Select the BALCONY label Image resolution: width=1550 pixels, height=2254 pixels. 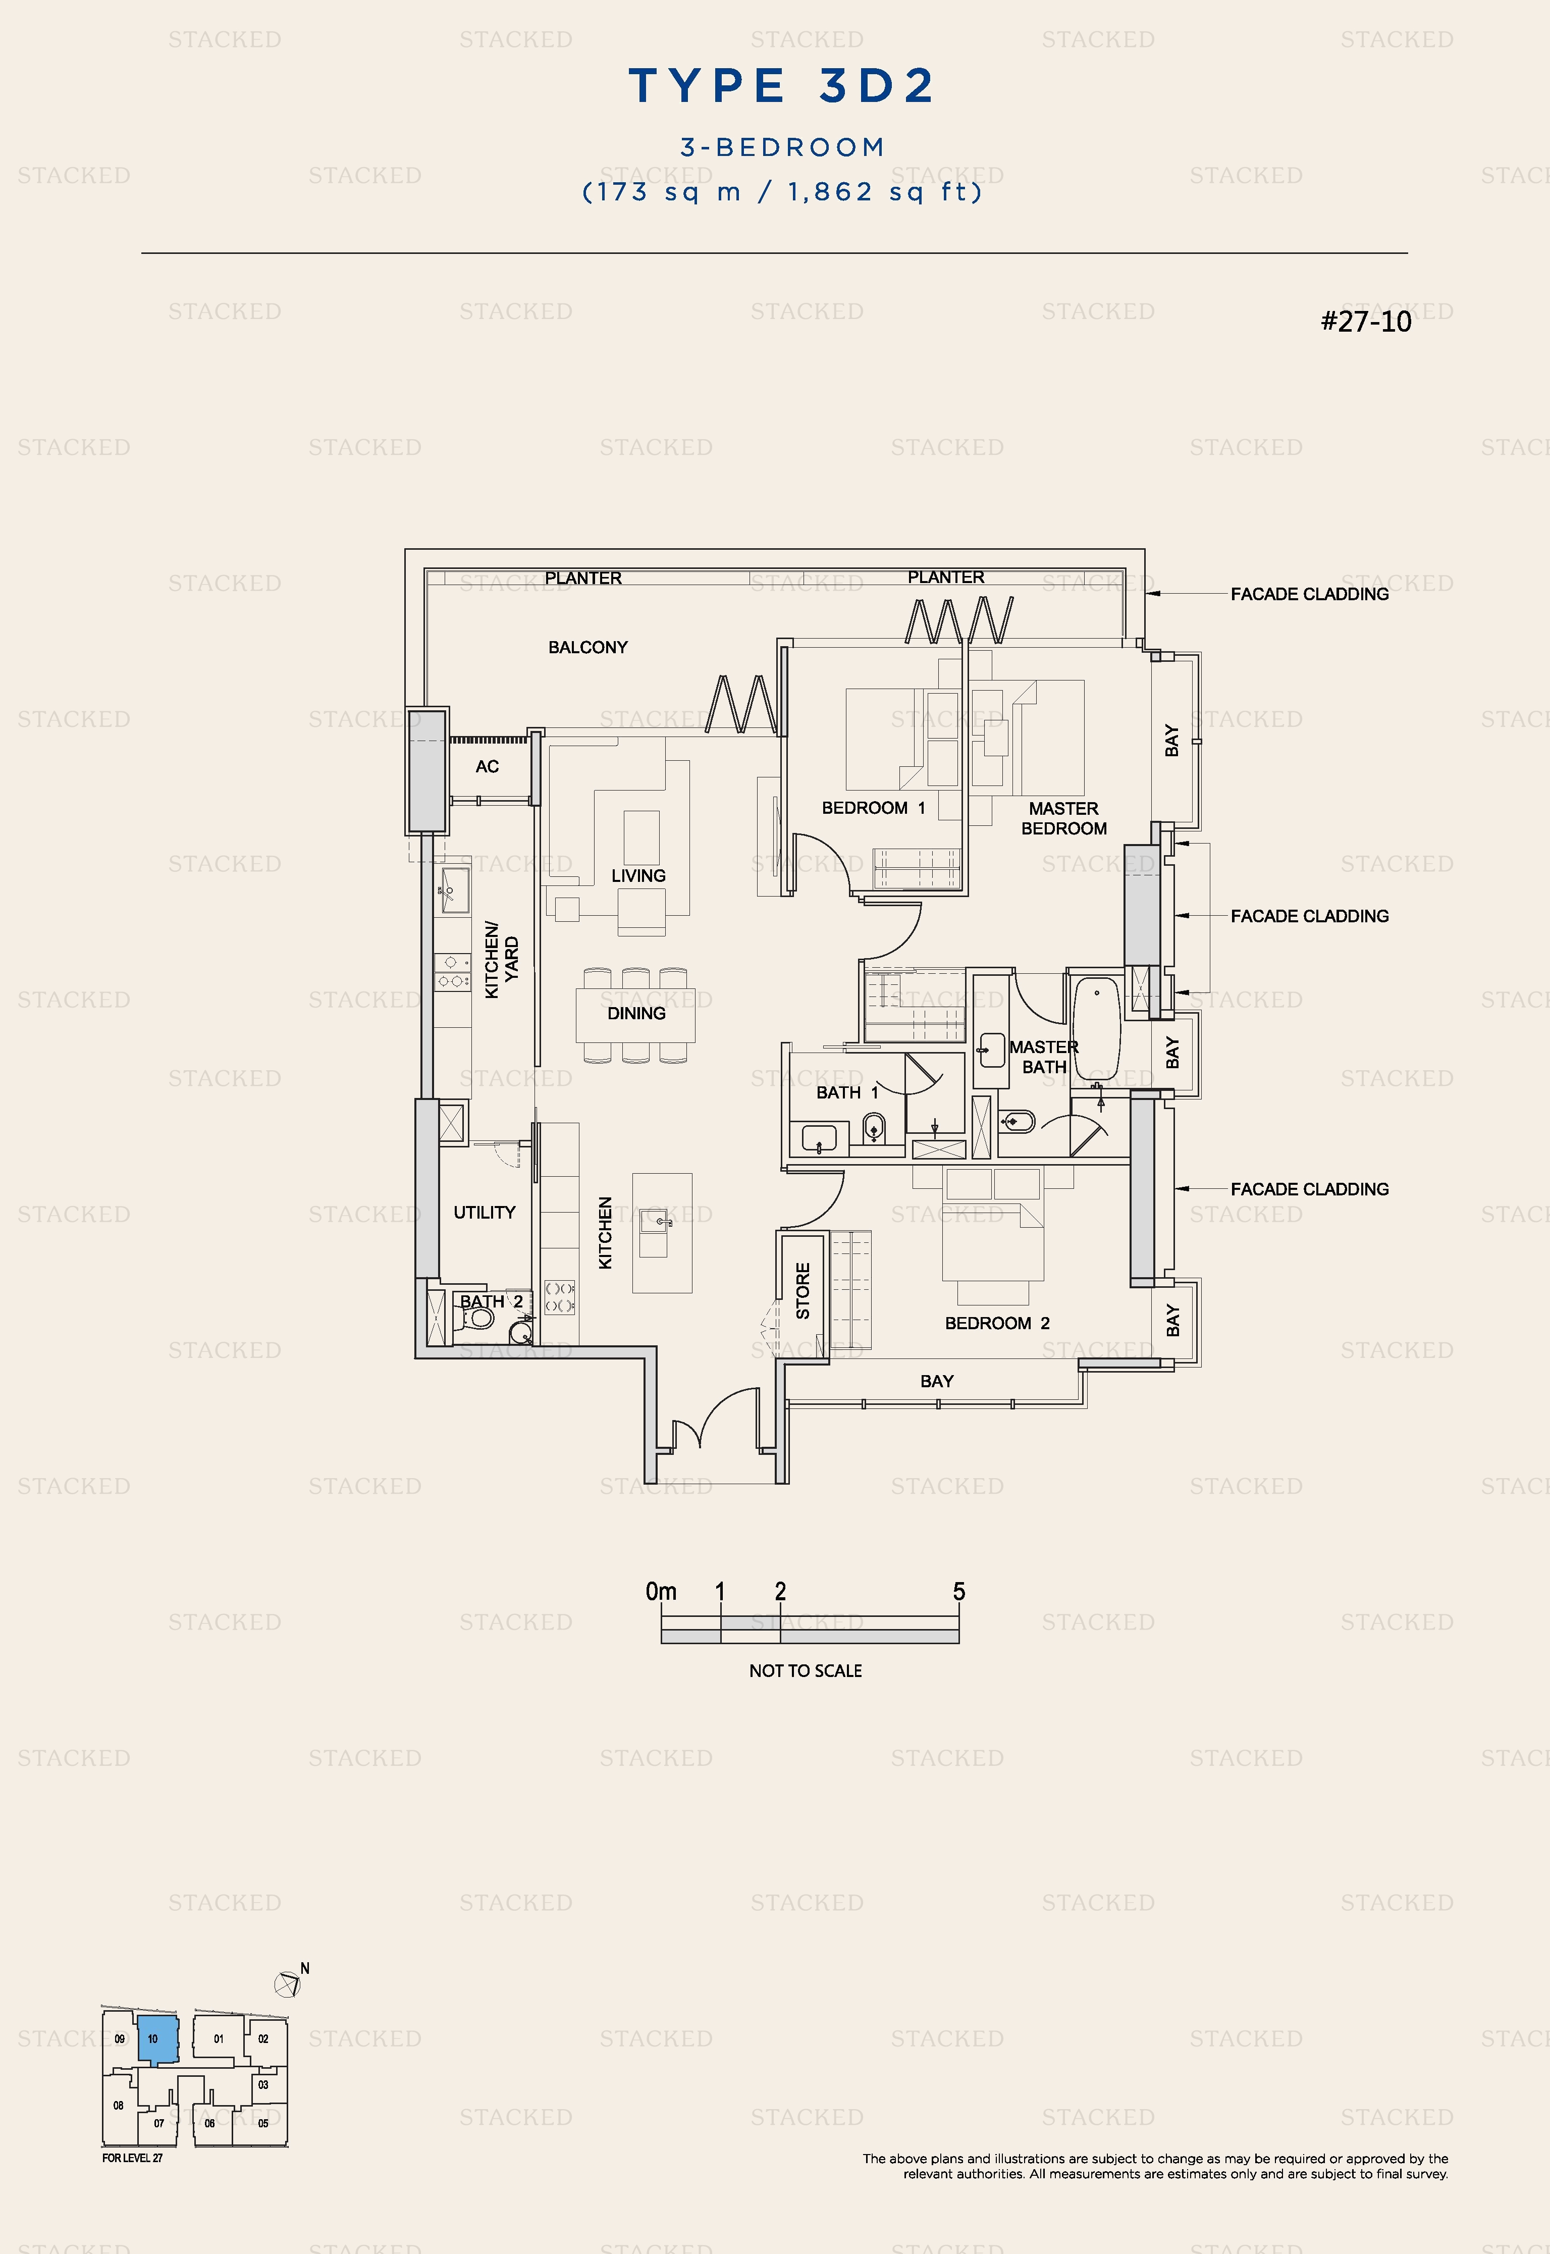pyautogui.click(x=587, y=647)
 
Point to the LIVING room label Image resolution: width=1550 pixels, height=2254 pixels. pyautogui.click(x=638, y=875)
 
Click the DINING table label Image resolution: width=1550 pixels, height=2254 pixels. pyautogui.click(x=636, y=1013)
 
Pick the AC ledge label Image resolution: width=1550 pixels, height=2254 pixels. pyautogui.click(x=487, y=766)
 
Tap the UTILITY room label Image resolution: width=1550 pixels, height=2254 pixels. pyautogui.click(x=484, y=1212)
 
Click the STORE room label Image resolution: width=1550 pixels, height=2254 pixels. pyautogui.click(x=802, y=1291)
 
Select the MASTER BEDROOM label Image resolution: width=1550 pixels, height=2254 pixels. pyautogui.click(x=1063, y=818)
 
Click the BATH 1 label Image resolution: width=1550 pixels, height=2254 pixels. pyautogui.click(x=847, y=1092)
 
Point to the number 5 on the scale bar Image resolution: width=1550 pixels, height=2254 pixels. pyautogui.click(x=958, y=1591)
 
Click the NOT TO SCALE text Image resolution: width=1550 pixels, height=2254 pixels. pyautogui.click(x=805, y=1670)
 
